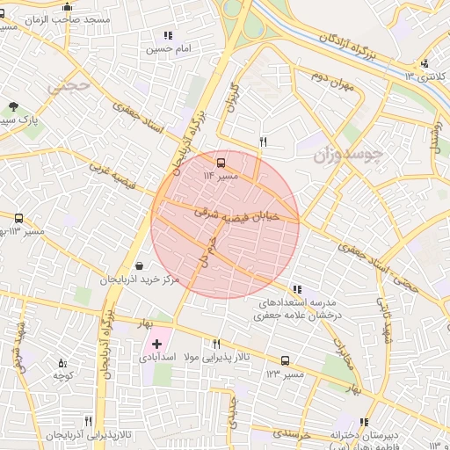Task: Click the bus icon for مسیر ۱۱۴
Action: click(x=220, y=162)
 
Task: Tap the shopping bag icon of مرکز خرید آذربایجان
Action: click(x=140, y=265)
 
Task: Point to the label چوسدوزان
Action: click(x=349, y=156)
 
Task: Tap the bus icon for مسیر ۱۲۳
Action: click(x=285, y=360)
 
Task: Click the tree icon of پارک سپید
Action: click(x=12, y=106)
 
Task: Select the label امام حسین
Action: click(x=168, y=50)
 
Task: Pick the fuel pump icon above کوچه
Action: click(x=62, y=362)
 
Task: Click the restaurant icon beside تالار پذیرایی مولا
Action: click(x=216, y=344)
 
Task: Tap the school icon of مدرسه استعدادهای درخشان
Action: click(x=297, y=288)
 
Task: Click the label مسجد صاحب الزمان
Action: click(x=79, y=19)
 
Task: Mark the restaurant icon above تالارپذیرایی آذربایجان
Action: click(x=88, y=422)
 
